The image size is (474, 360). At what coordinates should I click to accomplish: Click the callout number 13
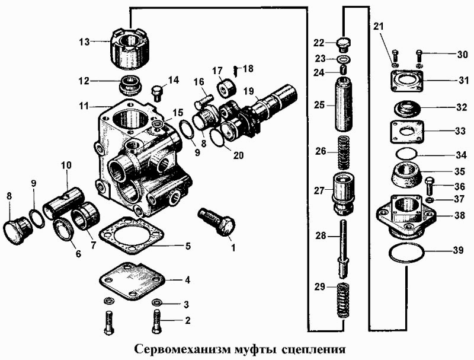[x=85, y=42]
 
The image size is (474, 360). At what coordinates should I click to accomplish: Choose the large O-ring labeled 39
[x=406, y=253]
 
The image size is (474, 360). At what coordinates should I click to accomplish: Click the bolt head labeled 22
[x=344, y=43]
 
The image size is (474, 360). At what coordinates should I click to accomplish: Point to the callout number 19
[x=247, y=91]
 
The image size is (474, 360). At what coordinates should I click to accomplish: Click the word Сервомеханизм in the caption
[x=172, y=348]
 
